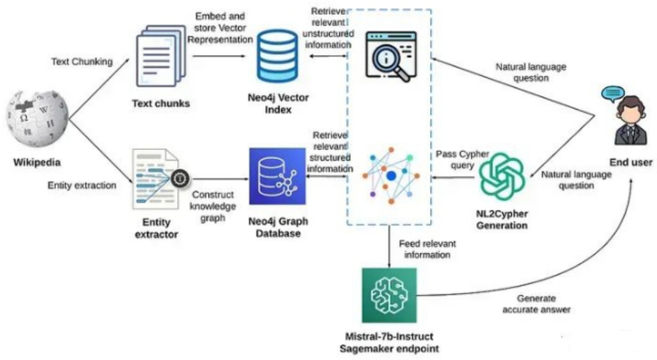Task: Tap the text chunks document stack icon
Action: [159, 55]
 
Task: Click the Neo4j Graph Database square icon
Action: [277, 176]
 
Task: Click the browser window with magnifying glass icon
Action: [386, 56]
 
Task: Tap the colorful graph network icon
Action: [389, 175]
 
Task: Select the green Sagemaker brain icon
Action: [389, 295]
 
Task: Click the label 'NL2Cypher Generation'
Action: [502, 220]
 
